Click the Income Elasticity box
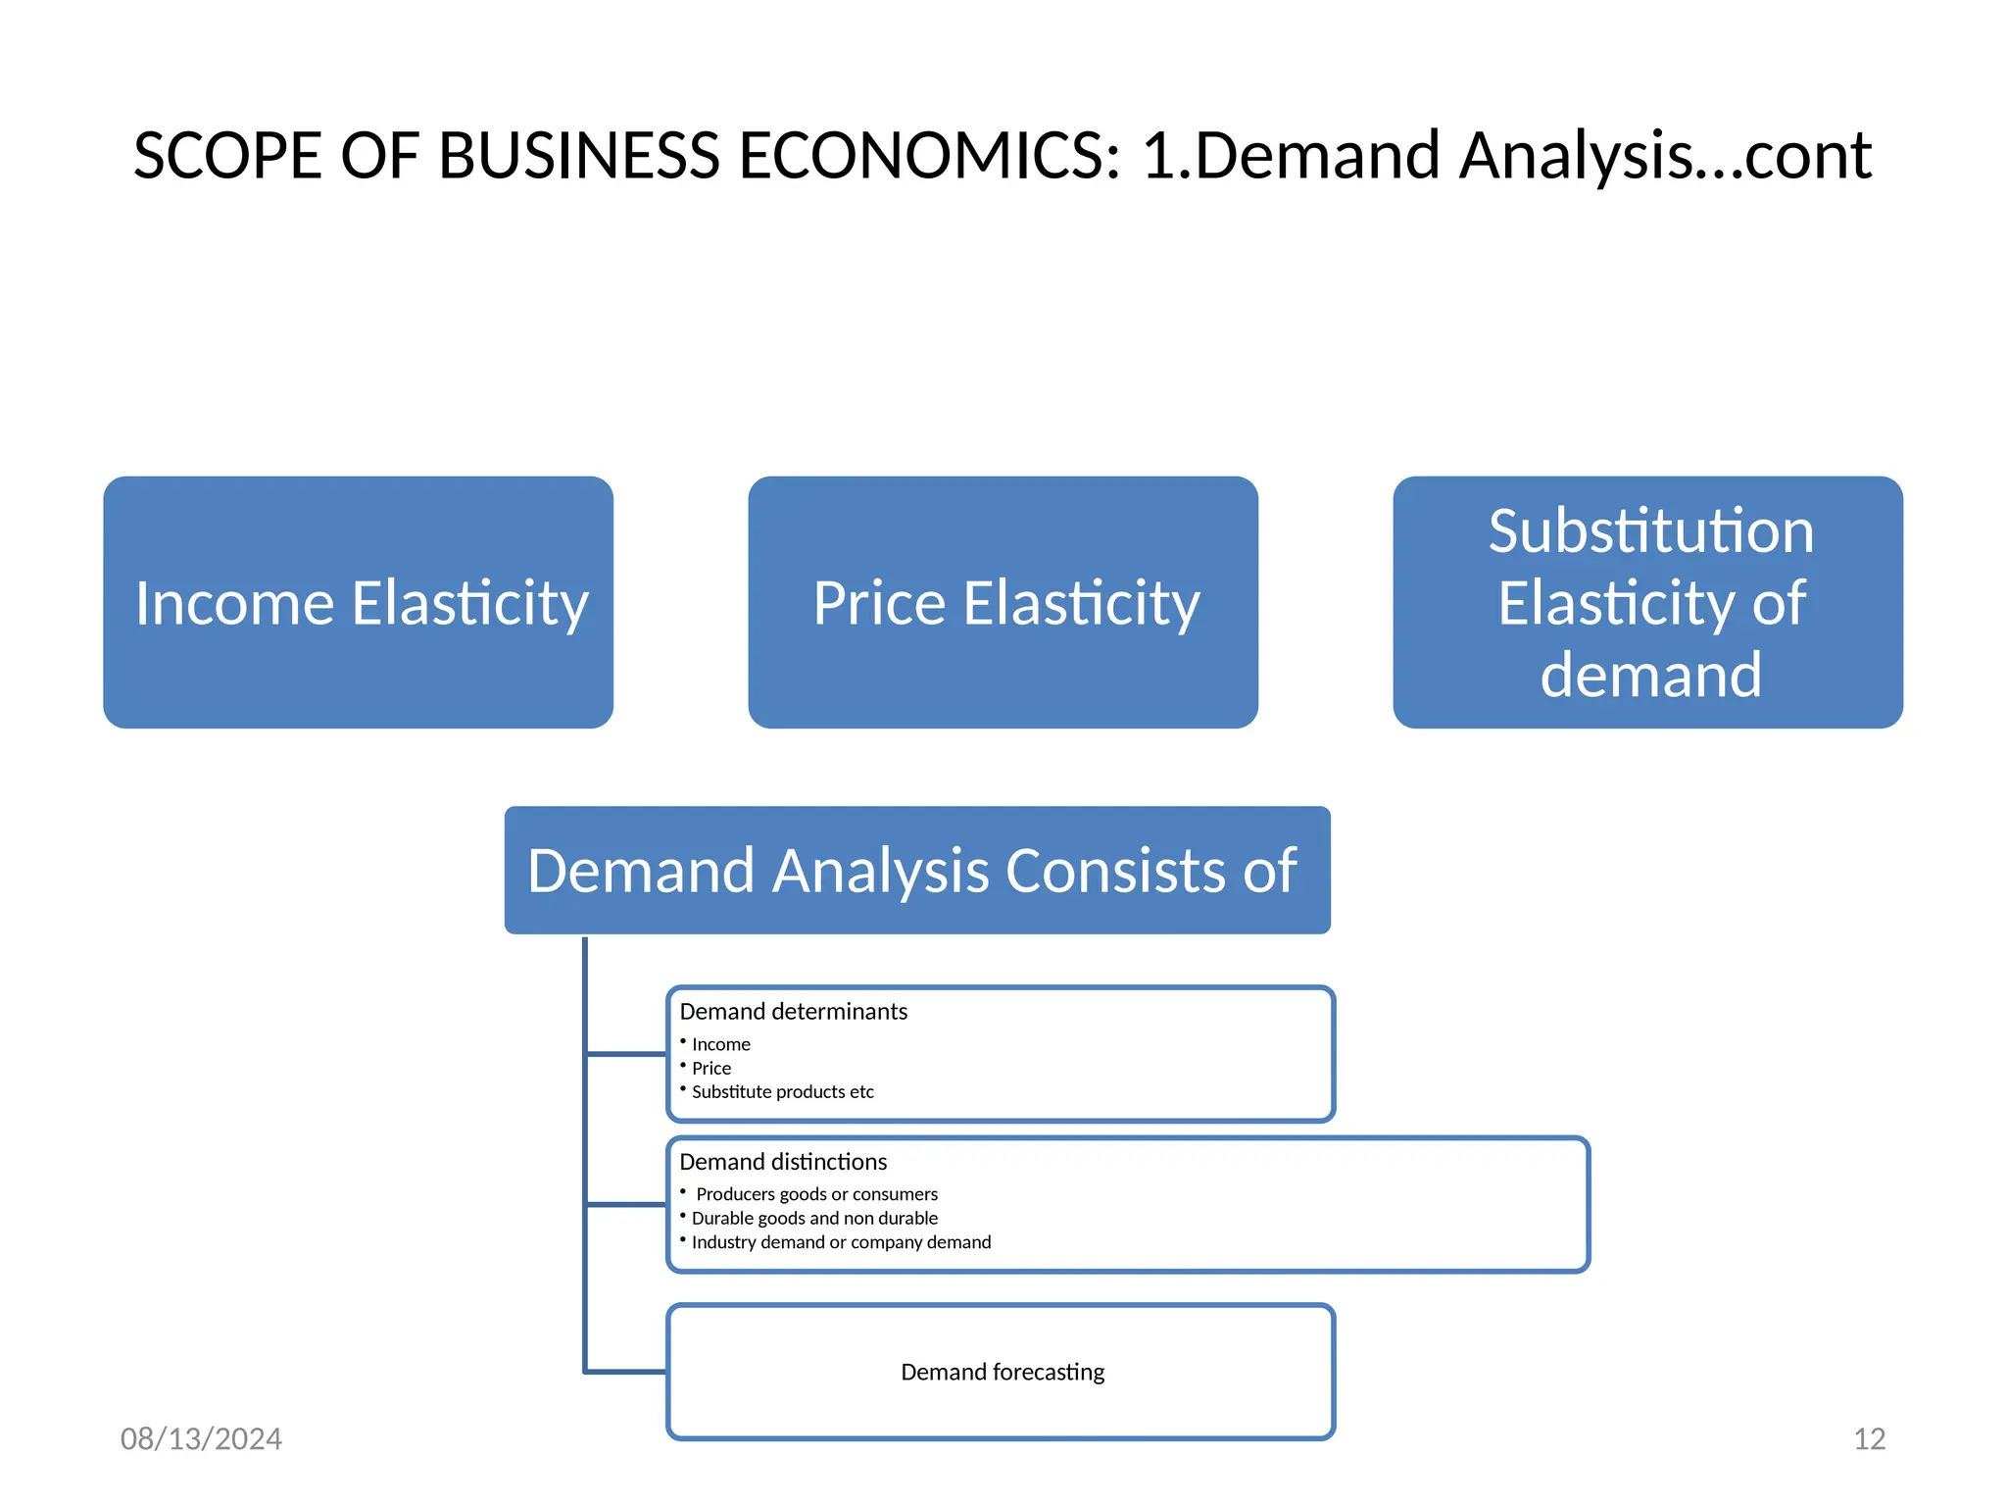coord(359,602)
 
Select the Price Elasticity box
coord(1003,602)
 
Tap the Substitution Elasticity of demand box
coord(1647,602)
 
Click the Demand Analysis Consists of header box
coord(916,871)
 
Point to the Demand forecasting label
coord(1002,1372)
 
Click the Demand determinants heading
coord(793,1011)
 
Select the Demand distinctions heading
coord(782,1162)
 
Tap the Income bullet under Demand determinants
coord(720,1045)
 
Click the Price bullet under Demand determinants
coord(710,1069)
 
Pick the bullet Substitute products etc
coord(782,1092)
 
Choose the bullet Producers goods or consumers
coord(816,1194)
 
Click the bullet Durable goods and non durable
coord(814,1219)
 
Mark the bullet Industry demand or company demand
coord(841,1242)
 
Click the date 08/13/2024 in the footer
coord(201,1438)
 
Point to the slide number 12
coord(1869,1438)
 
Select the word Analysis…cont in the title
coord(1665,156)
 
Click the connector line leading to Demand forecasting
coord(625,1372)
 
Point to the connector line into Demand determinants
coord(625,1054)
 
